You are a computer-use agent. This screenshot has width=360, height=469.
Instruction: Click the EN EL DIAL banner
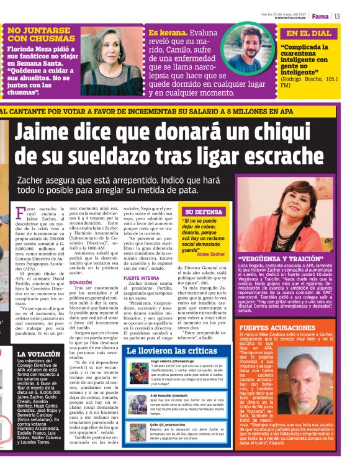click(308, 33)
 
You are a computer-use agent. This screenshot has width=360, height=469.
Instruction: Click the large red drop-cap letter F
click(22, 217)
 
